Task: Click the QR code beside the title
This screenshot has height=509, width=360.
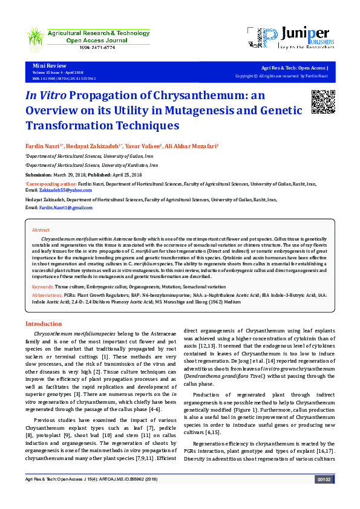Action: (322, 101)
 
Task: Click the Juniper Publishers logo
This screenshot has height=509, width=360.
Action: (290, 39)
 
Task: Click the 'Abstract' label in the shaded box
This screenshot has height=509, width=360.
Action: (41, 230)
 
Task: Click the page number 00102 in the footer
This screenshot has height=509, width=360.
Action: (324, 496)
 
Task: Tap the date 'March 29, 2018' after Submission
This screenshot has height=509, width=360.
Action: (71, 173)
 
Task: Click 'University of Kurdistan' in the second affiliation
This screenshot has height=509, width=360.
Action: (131, 164)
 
